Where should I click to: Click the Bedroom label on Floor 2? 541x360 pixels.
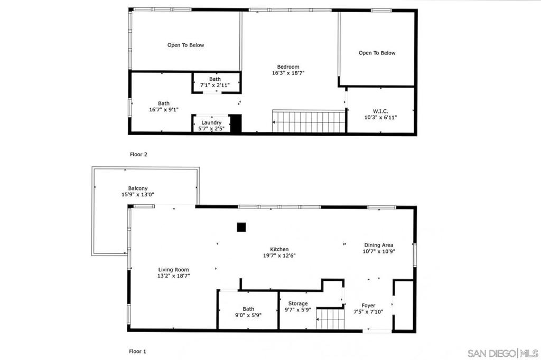coord(288,70)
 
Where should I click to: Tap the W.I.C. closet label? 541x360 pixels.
coord(380,114)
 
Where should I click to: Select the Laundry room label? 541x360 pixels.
coord(211,126)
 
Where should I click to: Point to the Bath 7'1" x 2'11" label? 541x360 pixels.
coord(215,82)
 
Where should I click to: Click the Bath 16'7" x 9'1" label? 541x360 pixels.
coord(164,107)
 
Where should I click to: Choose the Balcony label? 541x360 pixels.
coord(138,192)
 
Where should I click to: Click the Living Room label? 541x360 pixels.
coord(173,273)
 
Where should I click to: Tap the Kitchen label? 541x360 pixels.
coord(279,252)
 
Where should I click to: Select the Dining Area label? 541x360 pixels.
coord(379,248)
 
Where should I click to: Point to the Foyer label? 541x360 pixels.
coord(368,309)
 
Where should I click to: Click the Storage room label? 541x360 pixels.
coord(298,307)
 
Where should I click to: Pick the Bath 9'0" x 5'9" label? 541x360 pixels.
coord(248,312)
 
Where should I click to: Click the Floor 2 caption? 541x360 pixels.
coord(138,155)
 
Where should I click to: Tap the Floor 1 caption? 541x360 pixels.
coord(137,351)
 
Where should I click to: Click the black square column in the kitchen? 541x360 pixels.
coord(241,227)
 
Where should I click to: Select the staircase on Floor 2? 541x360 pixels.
coord(308,121)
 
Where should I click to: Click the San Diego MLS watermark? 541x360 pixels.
coord(502,353)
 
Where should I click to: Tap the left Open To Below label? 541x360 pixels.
coord(185,45)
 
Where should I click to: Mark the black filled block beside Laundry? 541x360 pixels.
coord(236,124)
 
